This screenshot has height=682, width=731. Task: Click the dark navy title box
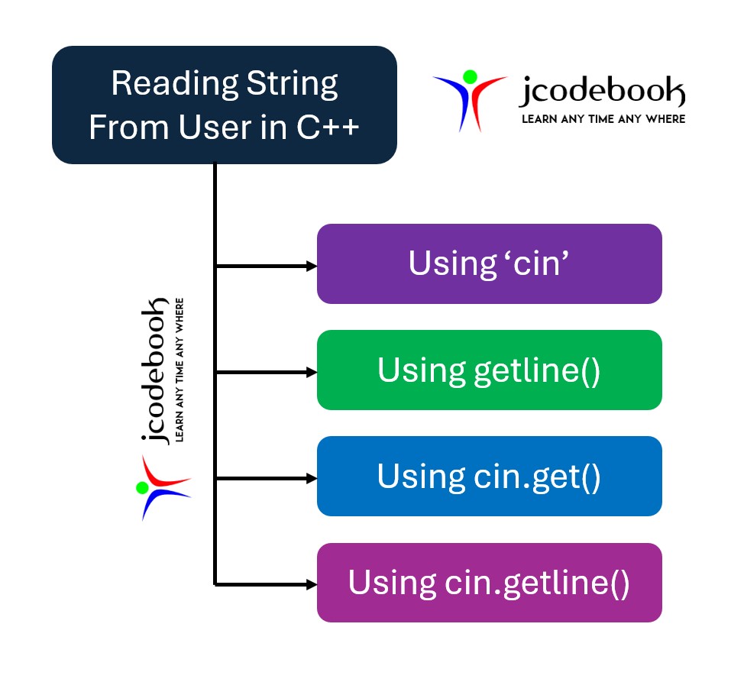(x=224, y=105)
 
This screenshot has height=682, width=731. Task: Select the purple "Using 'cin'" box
(x=489, y=263)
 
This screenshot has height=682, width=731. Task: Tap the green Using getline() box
(x=489, y=370)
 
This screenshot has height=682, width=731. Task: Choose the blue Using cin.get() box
(x=489, y=477)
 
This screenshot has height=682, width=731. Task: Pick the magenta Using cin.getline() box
(x=489, y=583)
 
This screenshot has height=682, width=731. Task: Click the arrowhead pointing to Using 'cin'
(x=311, y=267)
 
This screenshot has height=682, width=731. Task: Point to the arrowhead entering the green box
(x=311, y=373)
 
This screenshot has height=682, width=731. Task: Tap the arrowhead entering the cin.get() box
(x=311, y=479)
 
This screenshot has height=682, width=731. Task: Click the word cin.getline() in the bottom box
(x=537, y=583)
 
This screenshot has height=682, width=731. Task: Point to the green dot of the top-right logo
(x=470, y=76)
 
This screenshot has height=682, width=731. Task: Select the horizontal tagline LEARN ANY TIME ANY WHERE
(x=603, y=119)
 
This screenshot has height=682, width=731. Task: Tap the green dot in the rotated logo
(x=142, y=487)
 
